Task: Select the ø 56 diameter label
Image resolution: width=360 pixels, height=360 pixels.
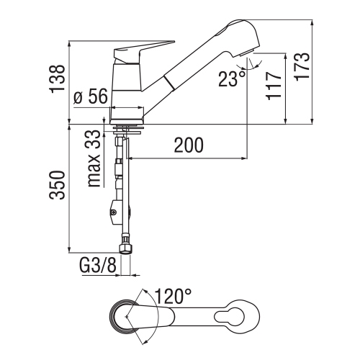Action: click(91, 97)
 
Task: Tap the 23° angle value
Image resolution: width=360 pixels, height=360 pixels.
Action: click(231, 78)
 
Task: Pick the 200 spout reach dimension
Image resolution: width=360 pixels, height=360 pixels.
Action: click(189, 146)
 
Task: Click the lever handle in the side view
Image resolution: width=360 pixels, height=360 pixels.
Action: click(144, 53)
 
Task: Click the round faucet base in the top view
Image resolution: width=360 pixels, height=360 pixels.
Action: click(125, 317)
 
